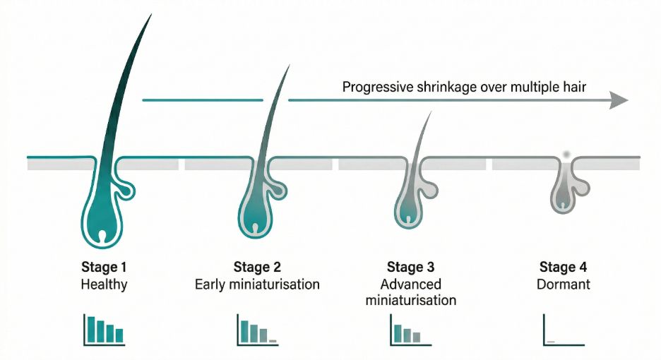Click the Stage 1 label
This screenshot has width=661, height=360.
pyautogui.click(x=104, y=268)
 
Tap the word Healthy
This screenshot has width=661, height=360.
pyautogui.click(x=104, y=285)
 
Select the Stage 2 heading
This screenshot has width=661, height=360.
pyautogui.click(x=257, y=268)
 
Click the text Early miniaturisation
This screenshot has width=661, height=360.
pyautogui.click(x=257, y=285)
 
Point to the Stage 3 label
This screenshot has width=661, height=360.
pyautogui.click(x=410, y=268)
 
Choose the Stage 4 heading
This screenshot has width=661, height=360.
pyautogui.click(x=563, y=268)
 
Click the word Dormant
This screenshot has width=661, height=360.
pyautogui.click(x=563, y=285)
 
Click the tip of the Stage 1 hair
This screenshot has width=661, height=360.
pyautogui.click(x=150, y=15)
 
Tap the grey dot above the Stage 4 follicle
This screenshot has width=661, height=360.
pyautogui.click(x=566, y=154)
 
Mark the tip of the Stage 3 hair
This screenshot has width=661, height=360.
pyautogui.click(x=431, y=111)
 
